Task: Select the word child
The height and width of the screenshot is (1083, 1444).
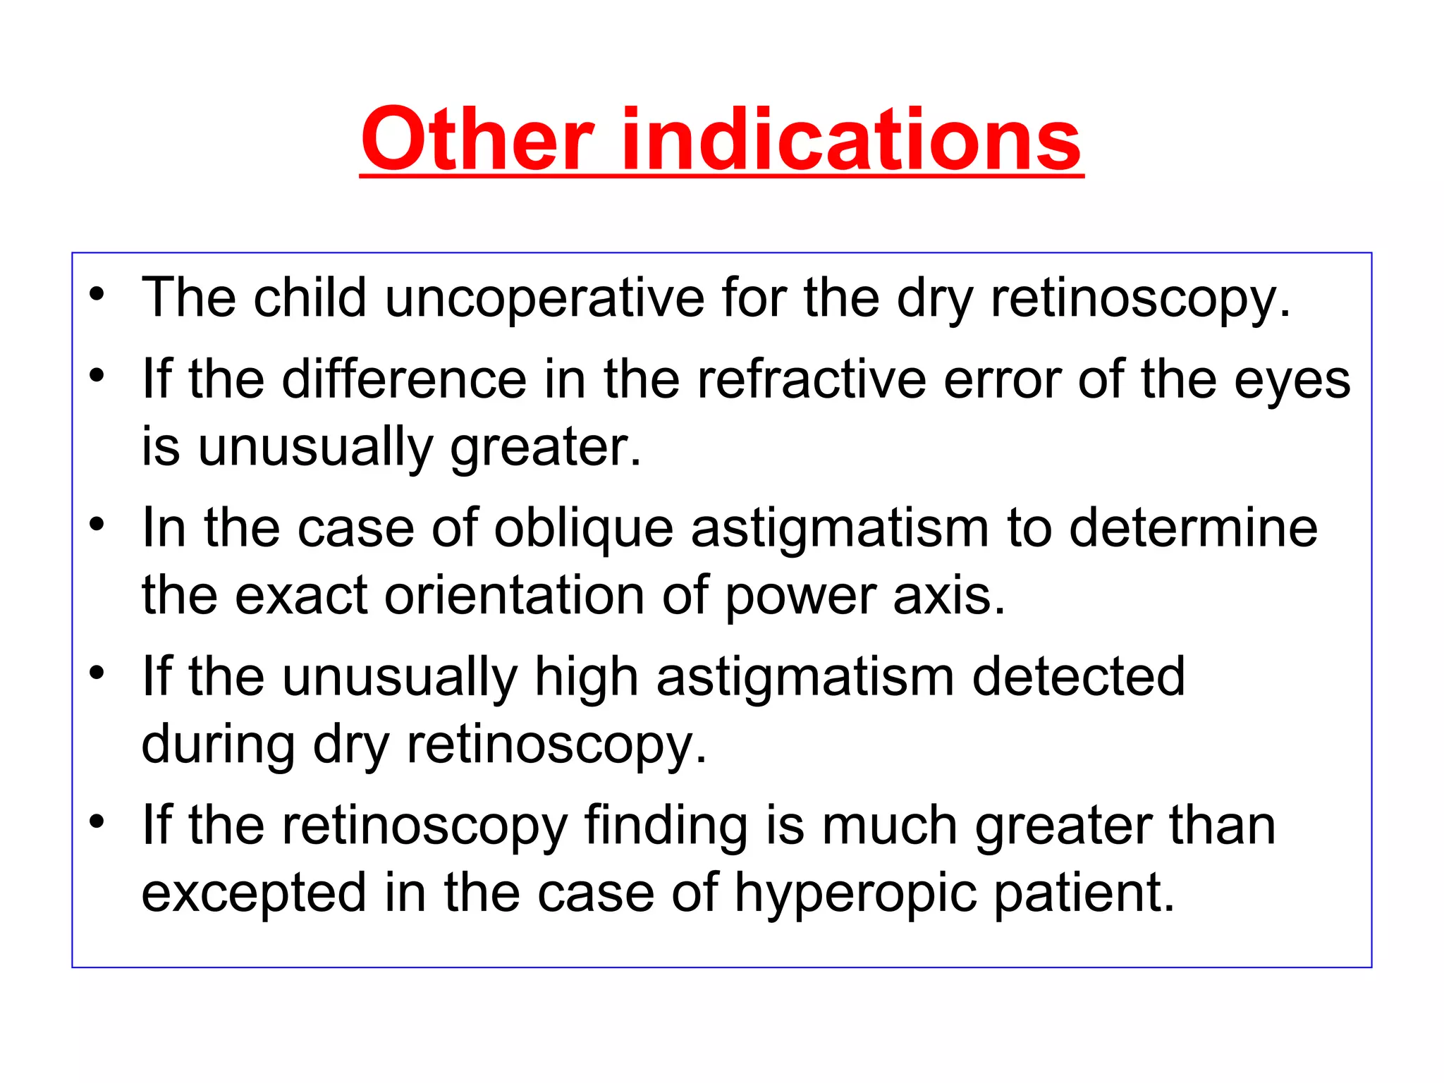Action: [x=310, y=298]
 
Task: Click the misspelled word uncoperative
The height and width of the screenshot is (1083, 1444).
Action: [x=544, y=298]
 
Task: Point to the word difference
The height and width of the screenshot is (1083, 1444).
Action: [x=405, y=380]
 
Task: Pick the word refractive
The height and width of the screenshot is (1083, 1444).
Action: [x=812, y=380]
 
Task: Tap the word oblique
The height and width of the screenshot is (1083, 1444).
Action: [x=584, y=528]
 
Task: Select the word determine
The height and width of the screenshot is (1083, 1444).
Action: [x=1193, y=528]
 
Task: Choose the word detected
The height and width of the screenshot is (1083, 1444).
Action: [x=1078, y=677]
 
